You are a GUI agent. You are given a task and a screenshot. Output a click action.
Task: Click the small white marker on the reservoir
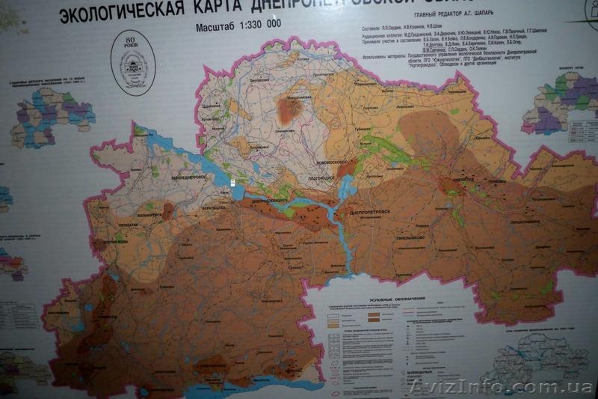(x=232, y=182)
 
